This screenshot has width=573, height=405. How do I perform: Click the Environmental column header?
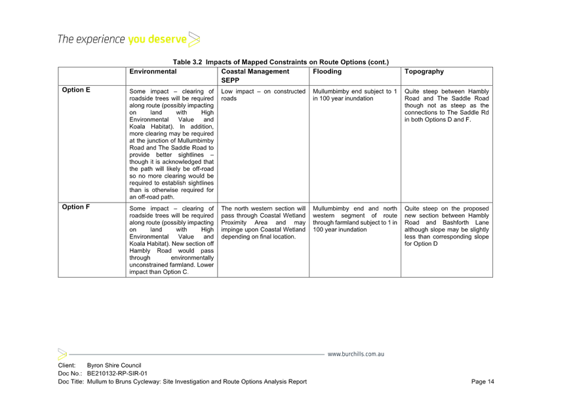coord(153,71)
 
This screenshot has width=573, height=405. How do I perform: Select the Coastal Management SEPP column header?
coord(255,76)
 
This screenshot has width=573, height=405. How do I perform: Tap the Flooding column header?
coord(327,71)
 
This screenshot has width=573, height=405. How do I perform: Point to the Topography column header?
coord(424,71)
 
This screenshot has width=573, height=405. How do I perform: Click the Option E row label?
coord(76,90)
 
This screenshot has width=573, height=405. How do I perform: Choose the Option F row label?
coord(75,207)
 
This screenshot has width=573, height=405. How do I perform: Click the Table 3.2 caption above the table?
coord(281,62)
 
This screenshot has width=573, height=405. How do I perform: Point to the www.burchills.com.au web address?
coord(356,355)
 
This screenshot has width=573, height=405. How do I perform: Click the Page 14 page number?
coord(483,381)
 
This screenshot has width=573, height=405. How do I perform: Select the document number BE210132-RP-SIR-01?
coord(117,374)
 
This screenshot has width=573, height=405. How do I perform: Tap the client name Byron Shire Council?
coord(114,366)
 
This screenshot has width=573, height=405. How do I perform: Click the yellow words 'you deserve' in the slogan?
coord(157,39)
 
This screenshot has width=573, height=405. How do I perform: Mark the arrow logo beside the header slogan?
coord(194,39)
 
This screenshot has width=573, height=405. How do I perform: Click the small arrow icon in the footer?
coord(62,355)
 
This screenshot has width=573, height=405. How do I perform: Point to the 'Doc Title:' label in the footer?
coord(71,381)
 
